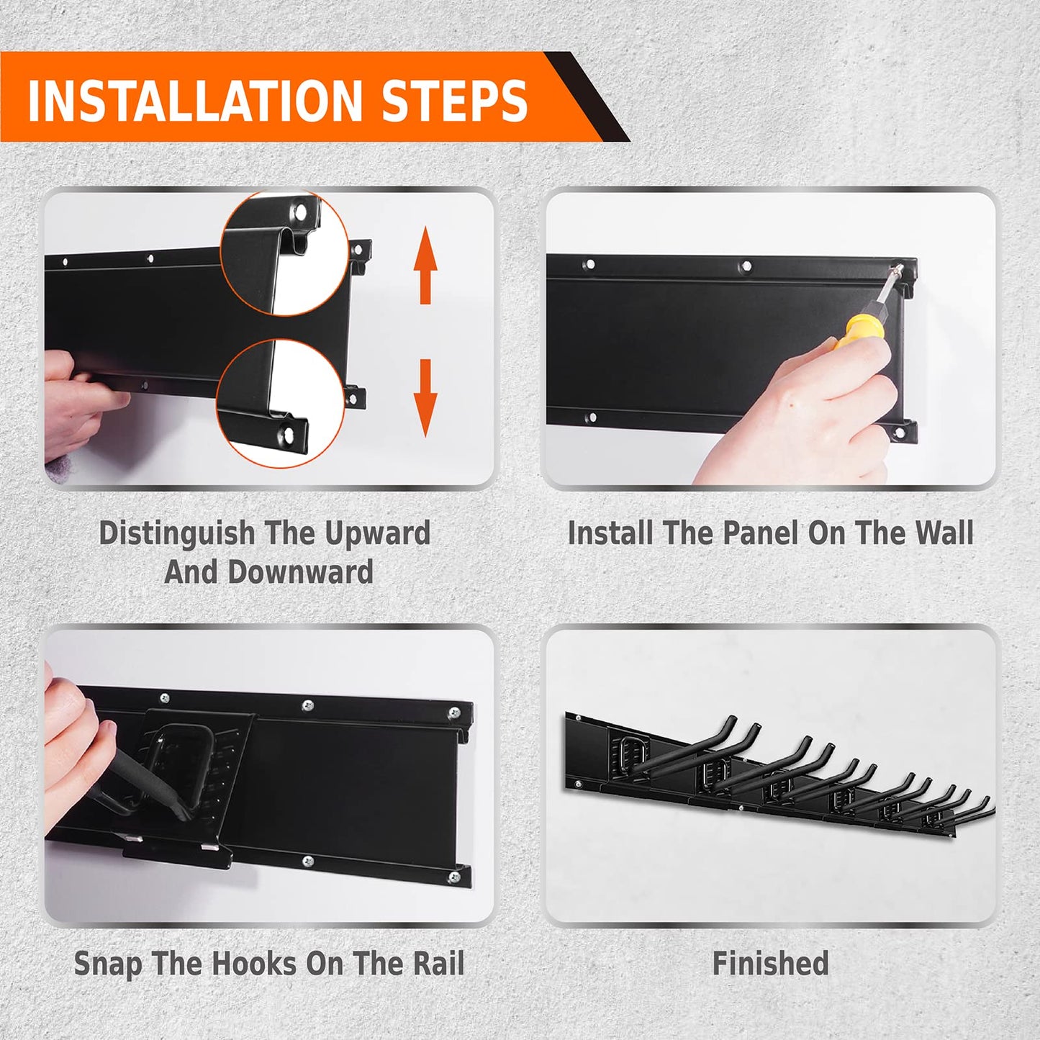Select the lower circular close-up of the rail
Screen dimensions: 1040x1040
pyautogui.click(x=281, y=402)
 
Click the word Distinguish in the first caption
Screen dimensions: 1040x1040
pyautogui.click(x=176, y=534)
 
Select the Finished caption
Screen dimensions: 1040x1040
pyautogui.click(x=770, y=964)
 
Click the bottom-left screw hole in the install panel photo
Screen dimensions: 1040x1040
pyautogui.click(x=590, y=417)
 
